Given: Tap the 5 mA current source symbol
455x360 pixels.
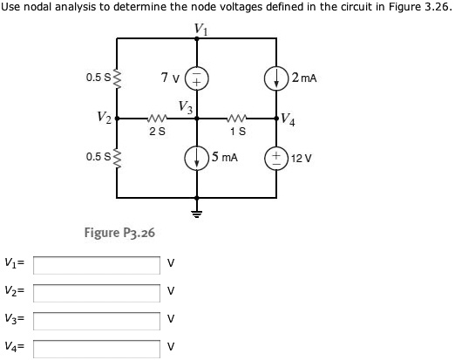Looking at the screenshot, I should point(196,159).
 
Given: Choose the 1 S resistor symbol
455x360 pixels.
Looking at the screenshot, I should point(236,120).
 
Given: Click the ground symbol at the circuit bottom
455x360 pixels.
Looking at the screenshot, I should point(196,212).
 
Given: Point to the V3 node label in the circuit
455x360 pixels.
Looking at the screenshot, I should point(185,107).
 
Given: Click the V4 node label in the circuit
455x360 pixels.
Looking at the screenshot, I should point(289,119).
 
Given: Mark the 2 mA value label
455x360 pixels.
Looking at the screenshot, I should point(304,78).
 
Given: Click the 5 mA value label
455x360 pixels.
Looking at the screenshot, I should point(223,158).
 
